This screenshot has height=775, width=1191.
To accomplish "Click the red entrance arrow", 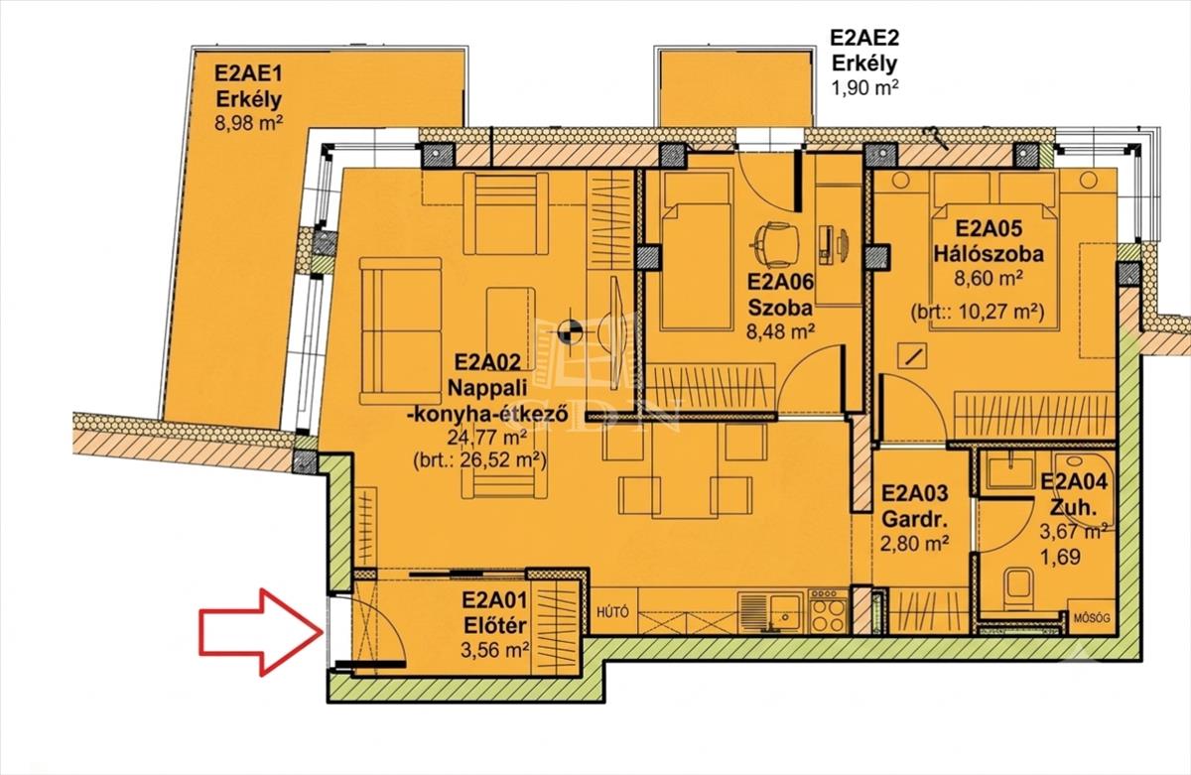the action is point(260,632).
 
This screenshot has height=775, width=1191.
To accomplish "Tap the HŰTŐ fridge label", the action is point(612,612).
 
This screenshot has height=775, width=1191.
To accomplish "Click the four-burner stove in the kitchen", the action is point(828,611).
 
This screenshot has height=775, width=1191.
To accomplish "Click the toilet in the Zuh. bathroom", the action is point(1019,589).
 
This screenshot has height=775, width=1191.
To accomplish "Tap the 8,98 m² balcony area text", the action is point(248,124).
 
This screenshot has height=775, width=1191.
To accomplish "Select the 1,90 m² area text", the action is point(865,87).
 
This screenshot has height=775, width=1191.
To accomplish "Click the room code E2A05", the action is point(989,228).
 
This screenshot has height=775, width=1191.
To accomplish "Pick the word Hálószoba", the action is point(989,254).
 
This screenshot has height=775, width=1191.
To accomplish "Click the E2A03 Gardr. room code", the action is point(915,493).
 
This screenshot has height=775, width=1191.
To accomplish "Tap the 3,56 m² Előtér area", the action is point(494,650).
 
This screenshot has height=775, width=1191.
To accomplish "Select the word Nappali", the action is point(487,388).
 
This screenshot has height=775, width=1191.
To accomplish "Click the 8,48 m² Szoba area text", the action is point(780,332).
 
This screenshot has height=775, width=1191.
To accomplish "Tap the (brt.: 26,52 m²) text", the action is point(479,459).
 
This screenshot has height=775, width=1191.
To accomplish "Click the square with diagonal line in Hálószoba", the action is point(912,355).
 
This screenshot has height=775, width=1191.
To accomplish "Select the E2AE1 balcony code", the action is point(248,73).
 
